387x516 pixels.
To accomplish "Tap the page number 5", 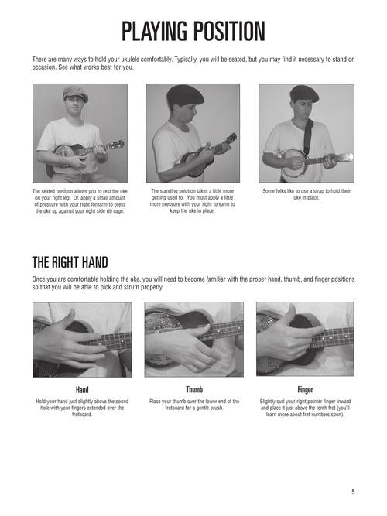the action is coord(353,492).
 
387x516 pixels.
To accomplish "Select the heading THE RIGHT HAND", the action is coord(70,262).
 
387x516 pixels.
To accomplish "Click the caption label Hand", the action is coord(82,390).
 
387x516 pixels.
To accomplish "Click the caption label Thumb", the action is coord(194,390).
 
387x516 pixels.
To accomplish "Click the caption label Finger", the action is coord(305,390).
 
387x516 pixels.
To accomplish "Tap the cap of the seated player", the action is coord(75,93).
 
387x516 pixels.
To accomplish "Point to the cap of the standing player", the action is coord(185,94).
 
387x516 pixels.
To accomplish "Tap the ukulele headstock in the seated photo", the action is coord(117,144).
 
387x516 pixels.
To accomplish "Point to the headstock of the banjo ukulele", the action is coord(345,157).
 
